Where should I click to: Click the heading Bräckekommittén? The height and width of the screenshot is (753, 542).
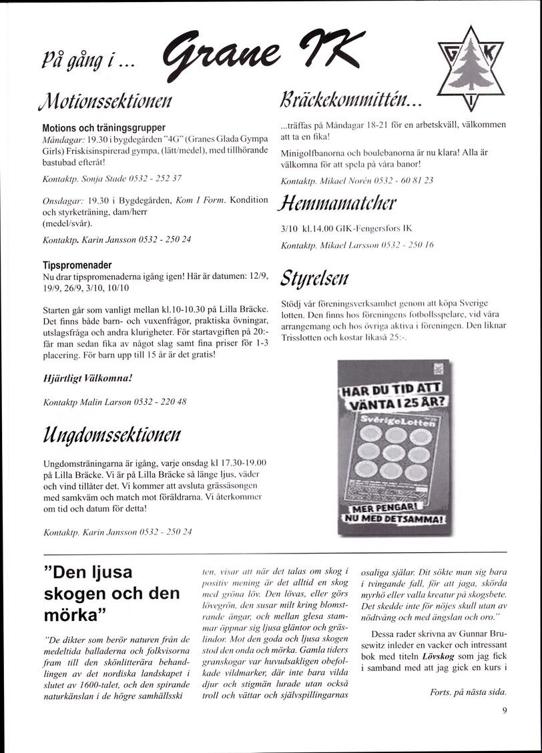[352, 101]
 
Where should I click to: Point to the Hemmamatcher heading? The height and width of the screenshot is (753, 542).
[339, 203]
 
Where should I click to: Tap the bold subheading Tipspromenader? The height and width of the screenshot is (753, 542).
[77, 264]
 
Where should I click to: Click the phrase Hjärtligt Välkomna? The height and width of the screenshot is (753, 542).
[87, 378]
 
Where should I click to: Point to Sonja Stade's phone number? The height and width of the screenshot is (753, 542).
[156, 179]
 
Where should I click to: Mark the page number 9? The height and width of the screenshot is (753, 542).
[504, 710]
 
